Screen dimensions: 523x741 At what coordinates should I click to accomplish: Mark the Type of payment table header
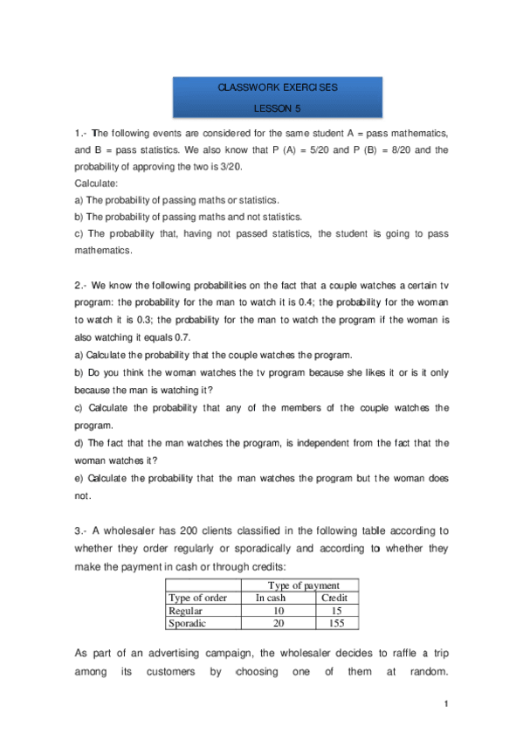pyautogui.click(x=303, y=585)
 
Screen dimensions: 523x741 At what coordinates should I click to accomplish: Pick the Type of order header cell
pyautogui.click(x=197, y=598)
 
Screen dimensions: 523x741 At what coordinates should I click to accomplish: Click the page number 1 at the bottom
pyautogui.click(x=444, y=703)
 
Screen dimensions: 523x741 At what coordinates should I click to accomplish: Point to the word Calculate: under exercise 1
pyautogui.click(x=94, y=184)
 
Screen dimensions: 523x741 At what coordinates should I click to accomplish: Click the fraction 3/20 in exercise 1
pyautogui.click(x=228, y=165)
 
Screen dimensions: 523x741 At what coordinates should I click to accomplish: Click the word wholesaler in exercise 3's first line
pyautogui.click(x=135, y=530)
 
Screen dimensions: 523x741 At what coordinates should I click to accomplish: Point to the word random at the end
pyautogui.click(x=423, y=674)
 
